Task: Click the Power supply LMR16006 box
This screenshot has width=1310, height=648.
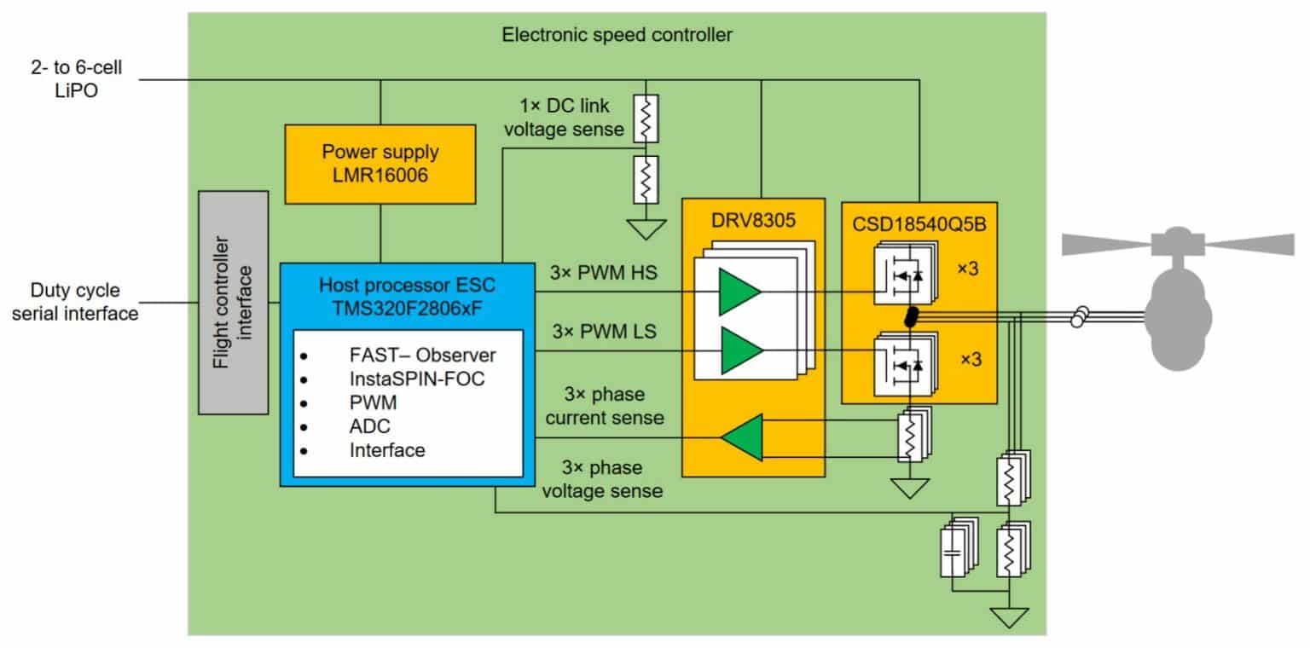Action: point(380,164)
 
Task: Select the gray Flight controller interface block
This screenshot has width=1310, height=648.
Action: point(233,303)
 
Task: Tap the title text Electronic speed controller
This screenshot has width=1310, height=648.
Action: point(617,35)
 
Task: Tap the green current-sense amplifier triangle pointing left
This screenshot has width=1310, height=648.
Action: point(739,437)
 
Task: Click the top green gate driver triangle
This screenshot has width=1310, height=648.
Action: point(739,291)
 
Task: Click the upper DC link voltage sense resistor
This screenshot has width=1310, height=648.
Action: point(646,117)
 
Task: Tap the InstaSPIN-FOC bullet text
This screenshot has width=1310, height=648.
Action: point(416,378)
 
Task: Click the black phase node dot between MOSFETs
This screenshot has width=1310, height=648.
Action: point(911,318)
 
